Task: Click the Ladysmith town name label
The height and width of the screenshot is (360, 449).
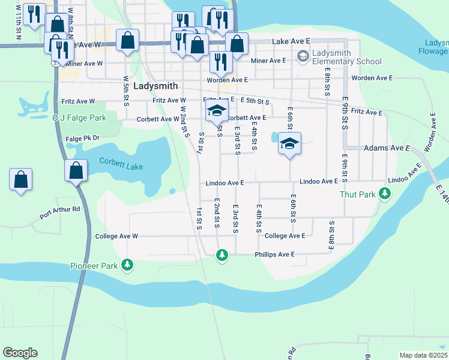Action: coord(155,86)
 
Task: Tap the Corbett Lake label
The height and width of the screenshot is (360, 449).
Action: coord(121,163)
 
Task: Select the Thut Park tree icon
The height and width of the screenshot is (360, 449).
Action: coord(384,194)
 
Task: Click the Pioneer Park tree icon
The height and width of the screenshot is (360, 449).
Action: coord(127,265)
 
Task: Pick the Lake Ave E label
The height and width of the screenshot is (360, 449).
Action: coord(291,41)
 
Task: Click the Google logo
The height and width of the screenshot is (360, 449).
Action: coord(20,353)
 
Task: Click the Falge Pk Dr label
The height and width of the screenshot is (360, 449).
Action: coord(82,139)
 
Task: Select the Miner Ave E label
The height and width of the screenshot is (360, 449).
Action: coord(268,61)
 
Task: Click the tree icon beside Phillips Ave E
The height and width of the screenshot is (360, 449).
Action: coord(222,256)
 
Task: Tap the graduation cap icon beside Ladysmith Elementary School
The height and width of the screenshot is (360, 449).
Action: coord(303,57)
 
